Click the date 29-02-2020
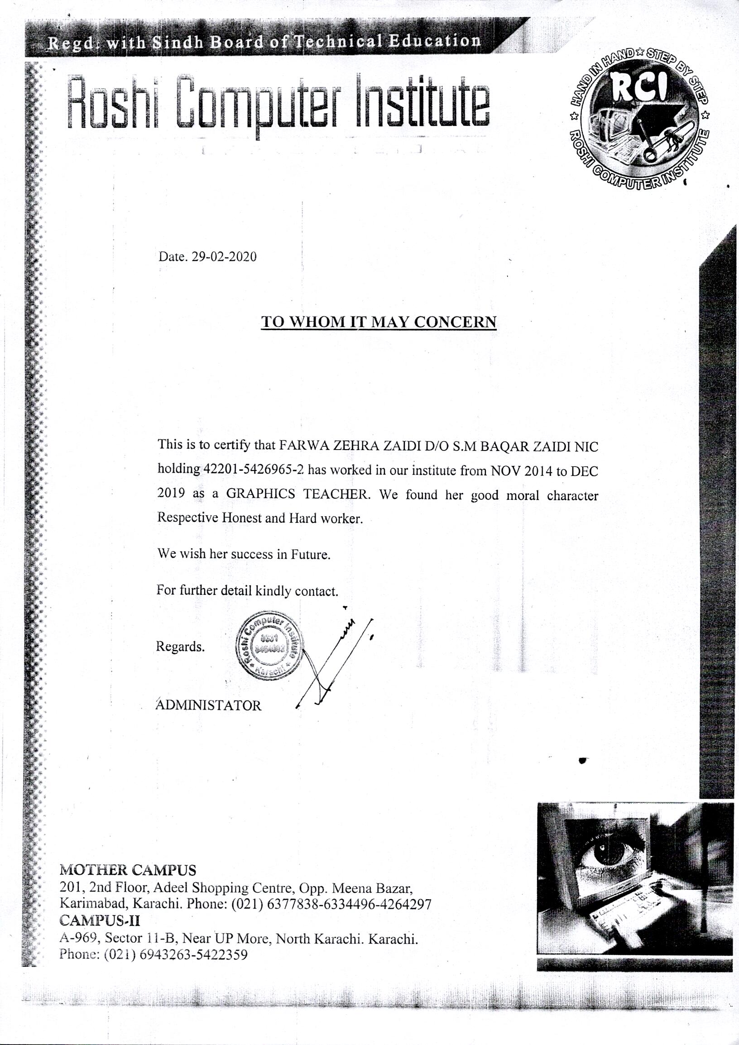click(x=224, y=257)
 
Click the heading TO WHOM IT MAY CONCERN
click(x=378, y=322)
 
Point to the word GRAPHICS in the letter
click(x=260, y=494)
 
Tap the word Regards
click(x=180, y=646)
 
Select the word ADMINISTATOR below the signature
click(x=209, y=706)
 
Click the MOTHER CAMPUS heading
click(x=128, y=870)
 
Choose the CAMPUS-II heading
click(x=100, y=920)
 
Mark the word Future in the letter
click(x=311, y=554)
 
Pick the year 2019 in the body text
click(x=171, y=494)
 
